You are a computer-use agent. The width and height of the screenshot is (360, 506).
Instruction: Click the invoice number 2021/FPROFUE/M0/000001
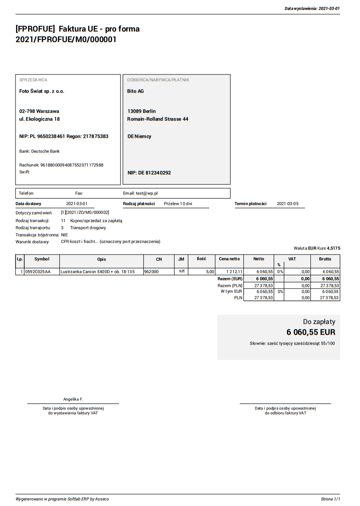(x=66, y=40)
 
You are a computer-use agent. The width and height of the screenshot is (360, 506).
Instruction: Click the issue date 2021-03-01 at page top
(x=329, y=8)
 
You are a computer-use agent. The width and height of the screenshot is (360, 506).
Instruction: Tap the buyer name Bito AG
(x=135, y=91)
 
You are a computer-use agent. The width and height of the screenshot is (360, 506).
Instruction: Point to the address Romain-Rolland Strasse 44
(x=157, y=119)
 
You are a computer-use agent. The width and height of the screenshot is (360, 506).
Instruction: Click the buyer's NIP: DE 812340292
(x=149, y=173)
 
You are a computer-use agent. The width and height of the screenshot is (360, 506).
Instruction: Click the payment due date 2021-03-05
(x=287, y=204)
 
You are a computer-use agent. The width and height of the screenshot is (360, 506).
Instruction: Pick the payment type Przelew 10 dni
(x=178, y=204)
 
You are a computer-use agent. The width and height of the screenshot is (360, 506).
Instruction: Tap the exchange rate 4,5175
(x=333, y=248)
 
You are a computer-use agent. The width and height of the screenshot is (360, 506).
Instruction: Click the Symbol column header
(x=42, y=259)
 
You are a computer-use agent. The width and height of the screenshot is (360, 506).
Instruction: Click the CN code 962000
(x=152, y=272)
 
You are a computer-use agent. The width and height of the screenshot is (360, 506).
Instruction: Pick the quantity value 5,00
(x=210, y=272)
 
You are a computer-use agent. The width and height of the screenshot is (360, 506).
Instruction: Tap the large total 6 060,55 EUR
(x=311, y=332)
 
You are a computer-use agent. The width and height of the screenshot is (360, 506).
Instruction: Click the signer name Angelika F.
(x=73, y=399)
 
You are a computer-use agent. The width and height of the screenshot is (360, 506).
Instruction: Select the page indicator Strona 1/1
(x=330, y=499)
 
